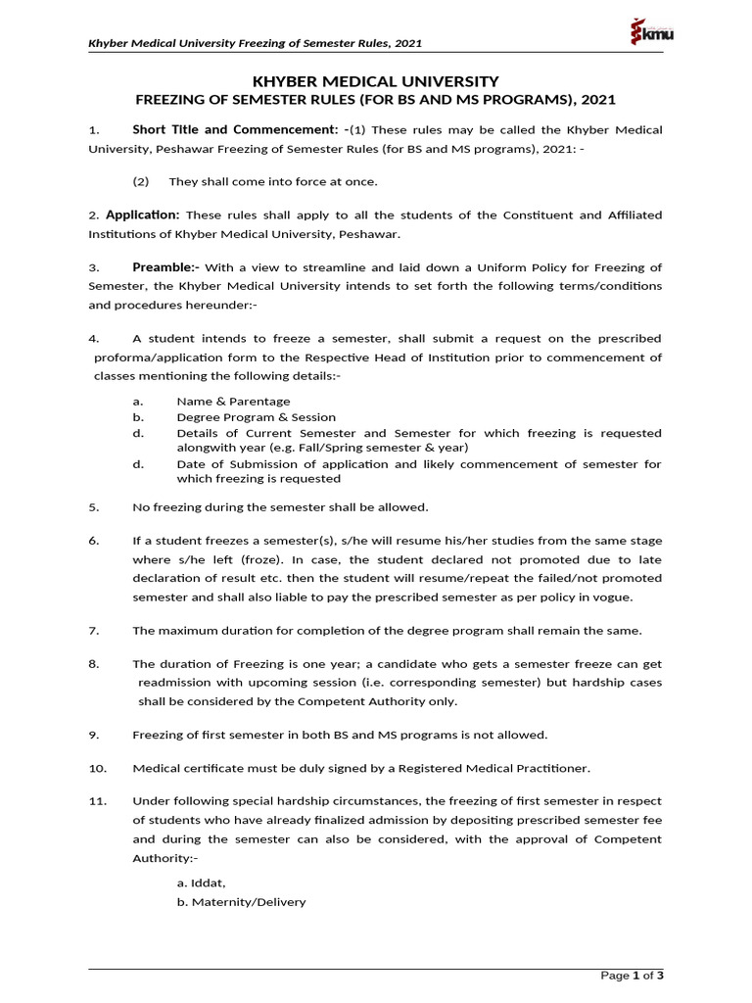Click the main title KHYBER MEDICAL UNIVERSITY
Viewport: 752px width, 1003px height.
point(376,81)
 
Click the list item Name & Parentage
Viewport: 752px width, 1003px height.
point(233,401)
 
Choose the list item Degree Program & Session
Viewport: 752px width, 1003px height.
point(256,416)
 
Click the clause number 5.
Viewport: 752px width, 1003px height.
point(94,506)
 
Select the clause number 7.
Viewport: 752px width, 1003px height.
point(94,629)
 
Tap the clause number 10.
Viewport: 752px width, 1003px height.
point(97,767)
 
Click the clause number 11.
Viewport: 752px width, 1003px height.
point(97,800)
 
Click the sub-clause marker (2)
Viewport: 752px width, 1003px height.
point(141,181)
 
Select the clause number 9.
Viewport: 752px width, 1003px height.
point(94,734)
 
